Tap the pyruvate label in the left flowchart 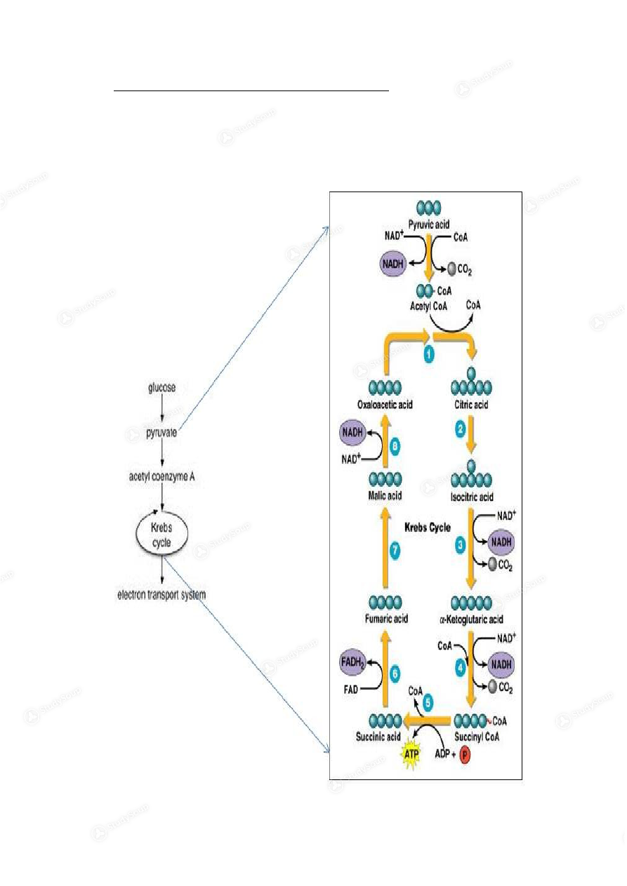click(x=162, y=433)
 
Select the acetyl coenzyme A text click(x=162, y=478)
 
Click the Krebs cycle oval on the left click(x=162, y=531)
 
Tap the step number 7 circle click(x=395, y=551)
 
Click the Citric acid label click(x=471, y=405)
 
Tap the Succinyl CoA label click(x=477, y=737)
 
